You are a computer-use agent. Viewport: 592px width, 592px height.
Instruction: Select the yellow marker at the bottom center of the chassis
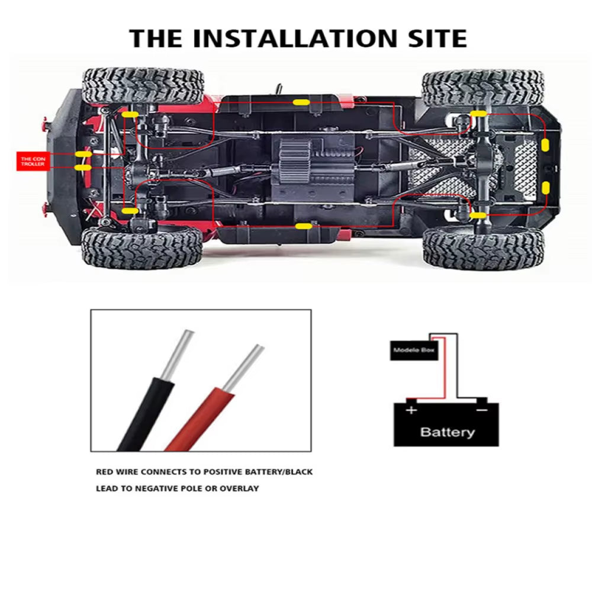[x=304, y=226]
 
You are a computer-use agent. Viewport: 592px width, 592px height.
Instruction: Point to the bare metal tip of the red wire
[x=245, y=364]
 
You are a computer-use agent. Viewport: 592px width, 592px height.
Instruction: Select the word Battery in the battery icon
[x=447, y=432]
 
